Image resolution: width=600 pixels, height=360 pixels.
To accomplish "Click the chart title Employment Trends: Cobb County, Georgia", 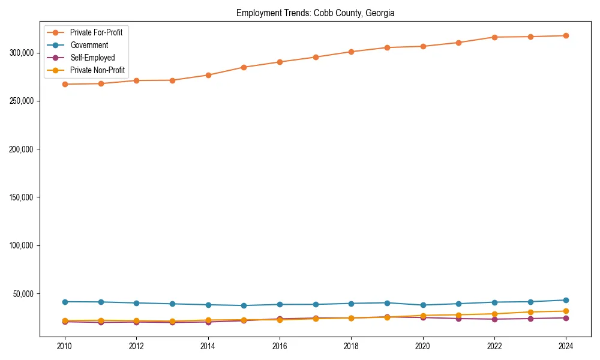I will [315, 13].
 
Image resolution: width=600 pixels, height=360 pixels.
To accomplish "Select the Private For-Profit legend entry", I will [96, 32].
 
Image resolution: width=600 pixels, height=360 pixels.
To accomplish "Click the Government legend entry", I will [89, 45].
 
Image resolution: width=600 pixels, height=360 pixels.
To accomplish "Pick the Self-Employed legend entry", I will [92, 58].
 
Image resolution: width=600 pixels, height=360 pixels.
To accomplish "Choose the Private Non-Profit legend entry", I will [97, 70].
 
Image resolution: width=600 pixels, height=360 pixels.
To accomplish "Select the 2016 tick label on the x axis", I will [280, 346].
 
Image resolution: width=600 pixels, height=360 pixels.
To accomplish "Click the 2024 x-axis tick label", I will [566, 346].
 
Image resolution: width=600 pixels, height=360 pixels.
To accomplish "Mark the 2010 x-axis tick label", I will [65, 346].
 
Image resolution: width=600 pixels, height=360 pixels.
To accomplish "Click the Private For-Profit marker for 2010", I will [65, 84].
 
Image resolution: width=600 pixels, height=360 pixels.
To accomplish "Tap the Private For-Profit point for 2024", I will [566, 35].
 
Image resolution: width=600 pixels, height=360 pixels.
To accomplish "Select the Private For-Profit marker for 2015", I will [244, 67].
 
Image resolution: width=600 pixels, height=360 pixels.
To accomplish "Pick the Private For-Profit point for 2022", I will [494, 37].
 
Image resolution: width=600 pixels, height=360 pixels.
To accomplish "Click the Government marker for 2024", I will [566, 300].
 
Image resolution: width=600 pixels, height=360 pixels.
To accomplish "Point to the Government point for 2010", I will [65, 302].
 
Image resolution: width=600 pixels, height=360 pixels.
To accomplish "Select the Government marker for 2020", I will [423, 305].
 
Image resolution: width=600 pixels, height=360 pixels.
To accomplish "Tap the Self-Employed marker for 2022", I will [494, 319].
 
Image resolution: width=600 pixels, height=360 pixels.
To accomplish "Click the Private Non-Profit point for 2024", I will [566, 311].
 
